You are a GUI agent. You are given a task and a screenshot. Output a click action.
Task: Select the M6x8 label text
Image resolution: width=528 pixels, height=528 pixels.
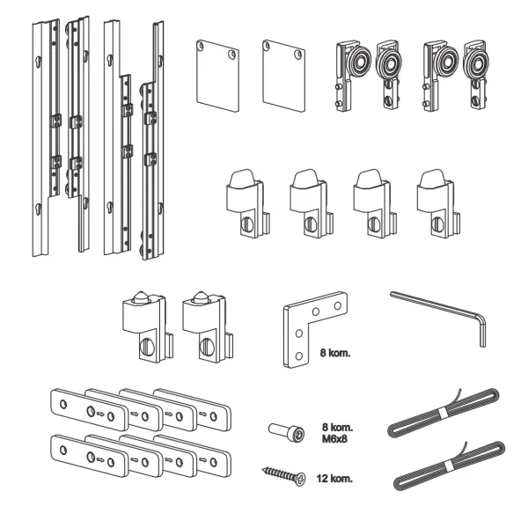click(334, 439)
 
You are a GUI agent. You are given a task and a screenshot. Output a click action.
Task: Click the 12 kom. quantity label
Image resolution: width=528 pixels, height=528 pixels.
click(334, 478)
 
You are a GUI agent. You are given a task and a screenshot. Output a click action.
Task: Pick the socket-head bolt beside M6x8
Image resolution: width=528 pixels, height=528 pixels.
click(287, 431)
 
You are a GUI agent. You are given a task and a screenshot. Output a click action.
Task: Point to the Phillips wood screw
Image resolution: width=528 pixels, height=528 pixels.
click(284, 475)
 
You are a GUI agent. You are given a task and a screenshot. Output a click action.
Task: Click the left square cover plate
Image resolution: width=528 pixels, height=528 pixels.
click(217, 76)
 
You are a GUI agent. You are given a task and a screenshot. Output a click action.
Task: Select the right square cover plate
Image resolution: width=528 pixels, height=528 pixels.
click(284, 76)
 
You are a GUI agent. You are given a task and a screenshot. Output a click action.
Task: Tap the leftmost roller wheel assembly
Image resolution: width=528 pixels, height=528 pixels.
click(352, 75)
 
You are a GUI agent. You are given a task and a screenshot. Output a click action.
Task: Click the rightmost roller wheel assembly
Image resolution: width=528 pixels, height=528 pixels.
click(475, 75)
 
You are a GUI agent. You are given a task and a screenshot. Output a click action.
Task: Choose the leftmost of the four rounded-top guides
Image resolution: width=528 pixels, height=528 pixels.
click(248, 204)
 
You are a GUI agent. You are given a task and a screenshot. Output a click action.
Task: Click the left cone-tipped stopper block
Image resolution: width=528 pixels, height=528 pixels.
click(148, 326)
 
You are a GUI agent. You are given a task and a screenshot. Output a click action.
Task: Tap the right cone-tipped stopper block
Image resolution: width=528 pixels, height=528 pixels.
click(208, 326)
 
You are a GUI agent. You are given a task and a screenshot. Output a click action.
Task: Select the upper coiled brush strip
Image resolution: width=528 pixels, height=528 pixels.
click(444, 413)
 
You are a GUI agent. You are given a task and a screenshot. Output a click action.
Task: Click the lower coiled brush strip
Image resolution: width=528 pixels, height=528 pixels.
click(449, 466)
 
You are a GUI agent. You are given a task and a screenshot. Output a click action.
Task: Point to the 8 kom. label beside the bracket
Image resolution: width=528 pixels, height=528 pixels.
click(335, 353)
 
